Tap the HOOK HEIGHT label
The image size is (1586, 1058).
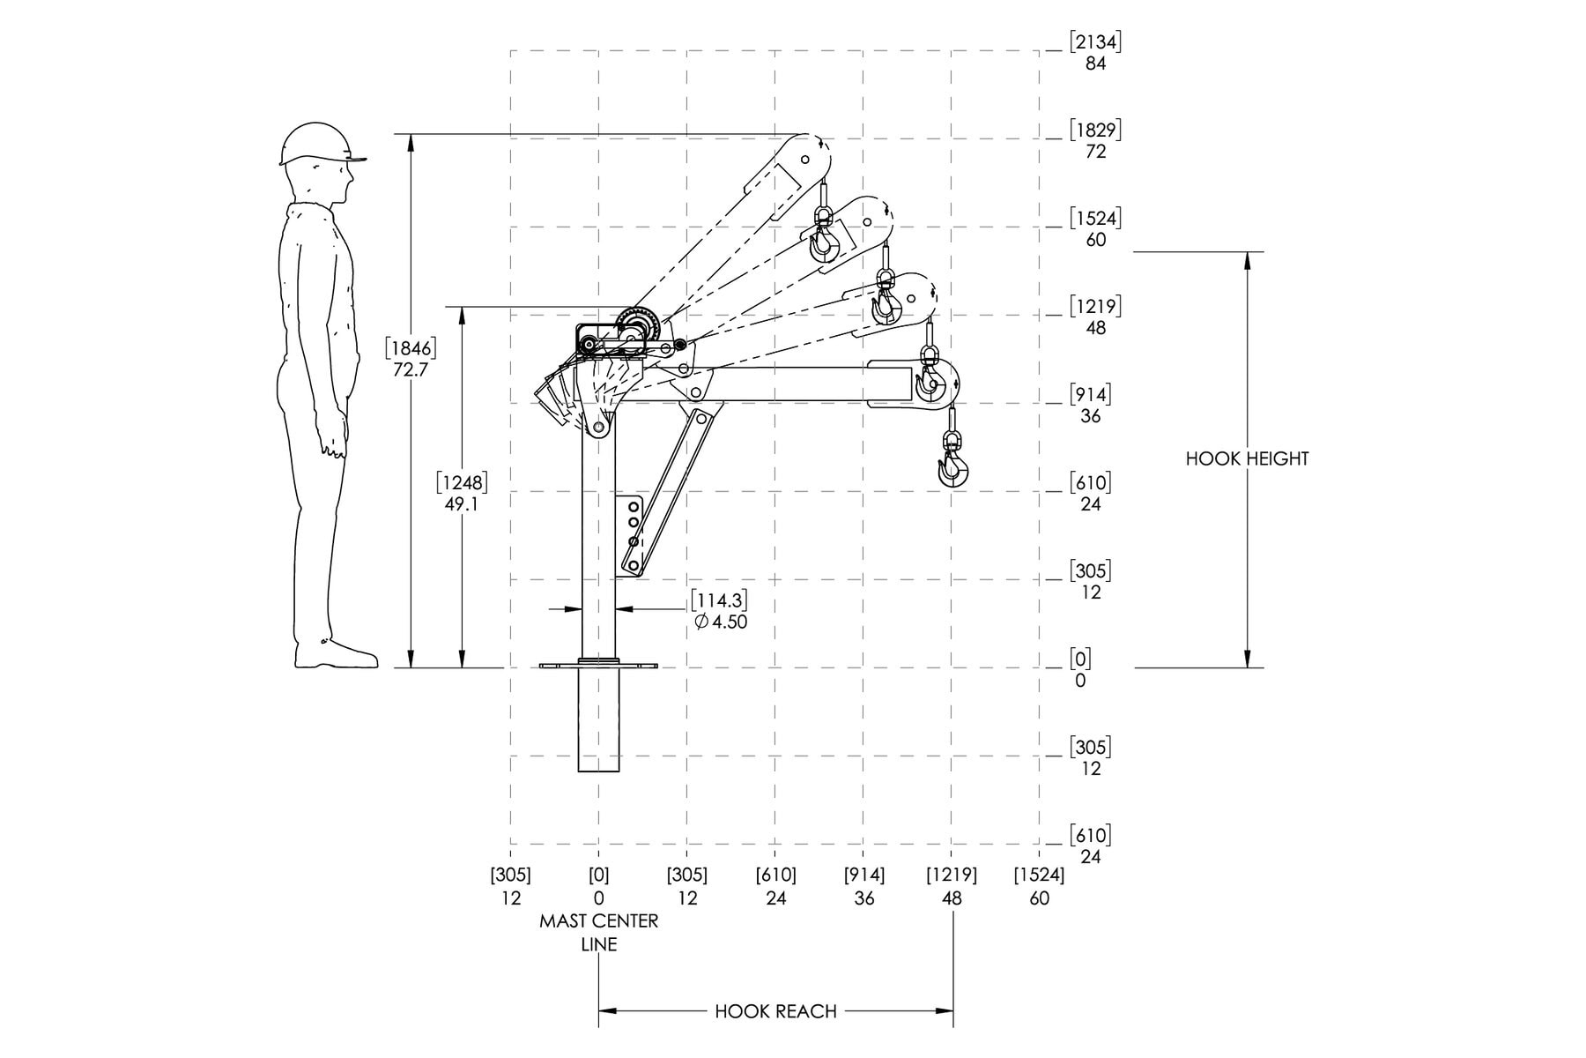[1247, 458]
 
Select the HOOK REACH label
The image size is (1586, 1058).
[775, 1011]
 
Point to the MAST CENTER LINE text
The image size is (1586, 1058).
[599, 932]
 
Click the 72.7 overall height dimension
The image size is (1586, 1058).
[411, 369]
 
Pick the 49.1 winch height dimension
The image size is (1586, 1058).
[462, 504]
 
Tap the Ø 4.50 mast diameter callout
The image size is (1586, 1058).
[721, 622]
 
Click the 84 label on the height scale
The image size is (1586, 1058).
[1095, 63]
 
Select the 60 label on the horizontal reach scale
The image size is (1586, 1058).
[1040, 898]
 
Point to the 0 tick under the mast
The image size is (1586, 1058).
[599, 898]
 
